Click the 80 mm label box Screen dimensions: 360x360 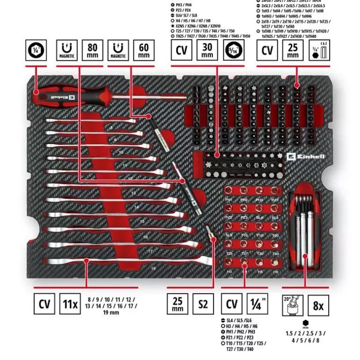point(93,50)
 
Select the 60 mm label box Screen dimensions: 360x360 point(144,50)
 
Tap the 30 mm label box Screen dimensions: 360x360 point(207,50)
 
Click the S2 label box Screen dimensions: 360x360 point(202,304)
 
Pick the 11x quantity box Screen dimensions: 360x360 point(70,304)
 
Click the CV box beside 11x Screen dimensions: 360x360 point(44,304)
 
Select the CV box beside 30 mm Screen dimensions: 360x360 point(181,50)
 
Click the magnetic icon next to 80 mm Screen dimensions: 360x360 point(67,50)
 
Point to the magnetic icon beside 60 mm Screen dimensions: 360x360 point(118,50)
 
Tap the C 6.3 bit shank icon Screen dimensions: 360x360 point(319,50)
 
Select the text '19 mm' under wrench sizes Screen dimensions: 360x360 point(110,312)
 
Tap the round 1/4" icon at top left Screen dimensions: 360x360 point(36,50)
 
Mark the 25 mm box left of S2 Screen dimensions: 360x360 point(177,304)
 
